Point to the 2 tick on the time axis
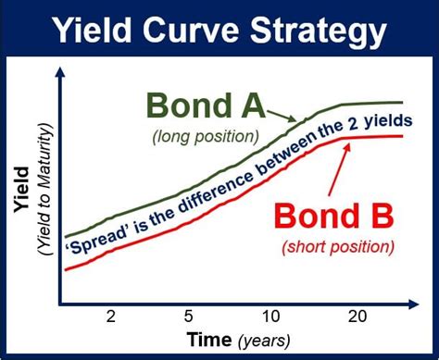click(x=110, y=316)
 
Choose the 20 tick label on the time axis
click(x=354, y=316)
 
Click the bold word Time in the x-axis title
click(x=207, y=341)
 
